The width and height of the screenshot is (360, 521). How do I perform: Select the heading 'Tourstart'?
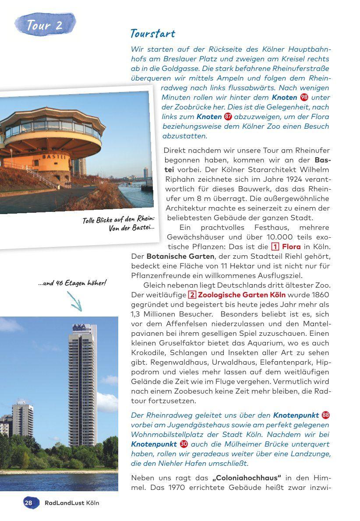(152, 34)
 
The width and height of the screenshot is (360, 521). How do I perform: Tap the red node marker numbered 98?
(304, 97)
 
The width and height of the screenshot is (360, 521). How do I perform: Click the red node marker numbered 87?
(228, 116)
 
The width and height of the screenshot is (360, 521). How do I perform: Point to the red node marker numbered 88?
(325, 415)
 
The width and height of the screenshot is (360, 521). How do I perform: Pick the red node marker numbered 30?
(184, 444)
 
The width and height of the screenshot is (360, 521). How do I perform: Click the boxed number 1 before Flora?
(275, 246)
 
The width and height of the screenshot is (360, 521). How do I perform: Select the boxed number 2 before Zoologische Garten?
(192, 295)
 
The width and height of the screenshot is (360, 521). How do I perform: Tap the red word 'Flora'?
(291, 246)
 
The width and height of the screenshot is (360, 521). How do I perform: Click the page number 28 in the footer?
(28, 503)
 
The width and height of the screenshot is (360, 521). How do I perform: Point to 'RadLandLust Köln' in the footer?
(72, 503)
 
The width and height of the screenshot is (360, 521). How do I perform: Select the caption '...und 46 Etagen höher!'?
(72, 283)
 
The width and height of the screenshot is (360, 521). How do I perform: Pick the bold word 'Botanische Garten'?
(180, 256)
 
